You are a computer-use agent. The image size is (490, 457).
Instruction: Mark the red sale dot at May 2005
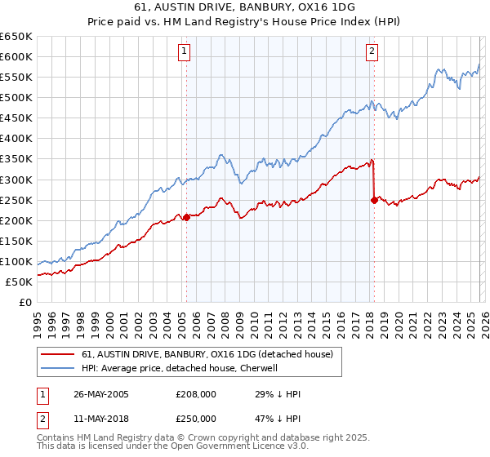(x=186, y=217)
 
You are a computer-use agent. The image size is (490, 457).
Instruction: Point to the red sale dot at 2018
(x=374, y=199)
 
